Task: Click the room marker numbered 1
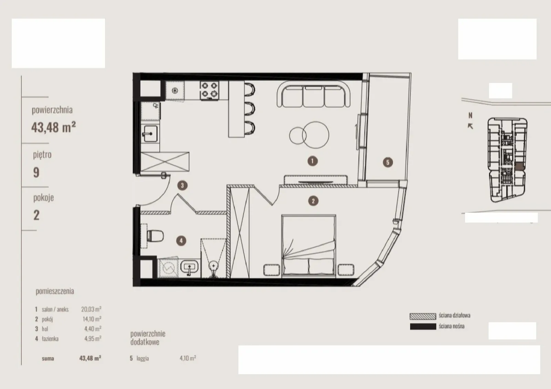(x=312, y=161)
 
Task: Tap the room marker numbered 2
(x=313, y=201)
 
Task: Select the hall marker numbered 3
(x=182, y=185)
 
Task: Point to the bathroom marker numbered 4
(x=181, y=240)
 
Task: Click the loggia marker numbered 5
(x=388, y=162)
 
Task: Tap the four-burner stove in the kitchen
(x=209, y=91)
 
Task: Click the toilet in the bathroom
(x=155, y=236)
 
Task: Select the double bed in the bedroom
(x=309, y=245)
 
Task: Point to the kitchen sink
(x=150, y=134)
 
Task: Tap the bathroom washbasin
(x=189, y=266)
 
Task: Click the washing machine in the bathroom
(x=168, y=268)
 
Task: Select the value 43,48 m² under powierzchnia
(x=53, y=127)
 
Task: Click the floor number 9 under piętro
(x=36, y=172)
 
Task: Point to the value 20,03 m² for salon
(x=91, y=309)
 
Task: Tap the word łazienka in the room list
(x=50, y=339)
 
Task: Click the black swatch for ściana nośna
(x=423, y=327)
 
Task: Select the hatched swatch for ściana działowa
(x=423, y=316)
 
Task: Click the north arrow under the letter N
(x=470, y=126)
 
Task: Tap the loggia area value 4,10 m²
(x=188, y=358)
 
